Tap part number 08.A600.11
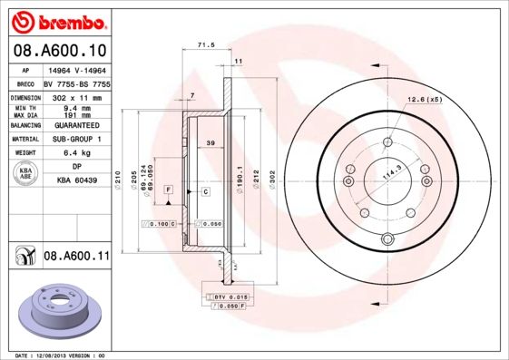tap(76, 257)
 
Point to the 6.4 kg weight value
tap(78, 152)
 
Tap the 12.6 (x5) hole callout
tap(422, 98)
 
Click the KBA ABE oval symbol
tap(25, 174)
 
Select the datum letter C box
tap(205, 191)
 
